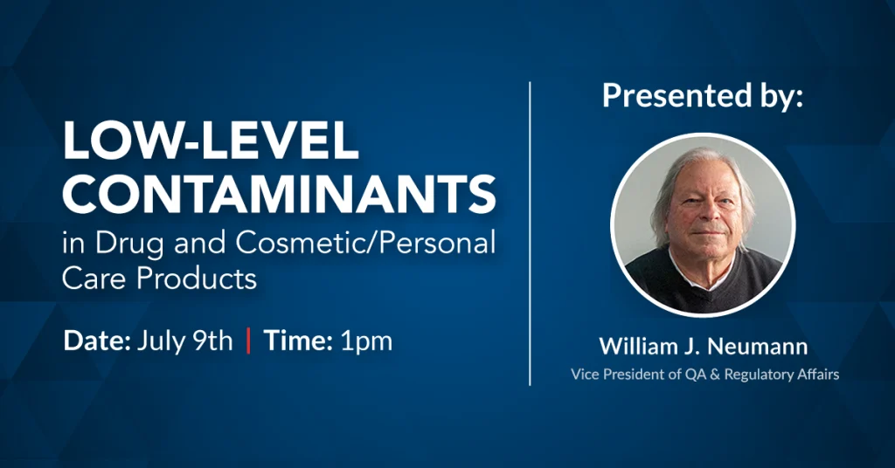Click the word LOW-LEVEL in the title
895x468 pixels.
click(211, 141)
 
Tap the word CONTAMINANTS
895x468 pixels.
click(279, 194)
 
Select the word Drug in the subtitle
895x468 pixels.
click(129, 244)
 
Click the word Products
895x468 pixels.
click(197, 279)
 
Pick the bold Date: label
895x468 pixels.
click(97, 341)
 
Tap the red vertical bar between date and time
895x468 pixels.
click(248, 341)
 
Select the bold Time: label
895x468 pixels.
click(298, 341)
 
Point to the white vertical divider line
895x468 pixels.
click(531, 234)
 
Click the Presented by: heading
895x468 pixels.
click(703, 96)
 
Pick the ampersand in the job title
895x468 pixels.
click(714, 375)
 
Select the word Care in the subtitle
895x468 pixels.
click(95, 279)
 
